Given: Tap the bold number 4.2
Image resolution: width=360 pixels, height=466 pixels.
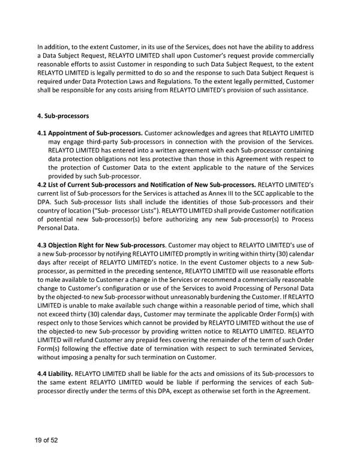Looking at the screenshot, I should (x=43, y=184).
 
